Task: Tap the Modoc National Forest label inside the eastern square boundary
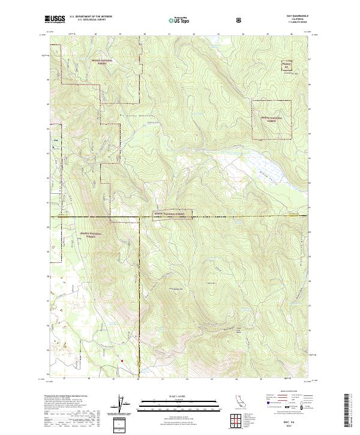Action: [272, 119]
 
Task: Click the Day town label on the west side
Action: [56, 142]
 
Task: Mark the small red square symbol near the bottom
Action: [122, 361]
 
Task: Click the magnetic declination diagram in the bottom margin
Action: [124, 405]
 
